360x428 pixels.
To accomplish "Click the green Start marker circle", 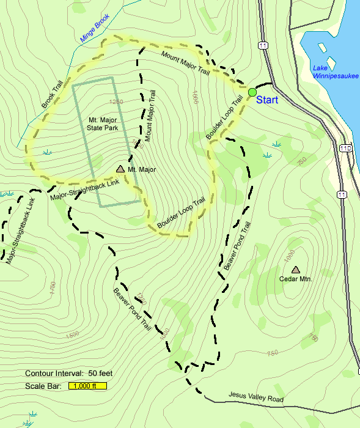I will tap(252, 92).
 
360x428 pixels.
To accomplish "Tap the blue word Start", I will tap(268, 99).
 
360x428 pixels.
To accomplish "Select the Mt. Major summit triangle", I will tap(120, 168).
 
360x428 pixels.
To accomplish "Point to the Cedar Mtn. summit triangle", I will tap(296, 269).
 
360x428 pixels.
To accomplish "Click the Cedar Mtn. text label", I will tap(295, 279).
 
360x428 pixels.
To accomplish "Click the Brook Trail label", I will tap(53, 97).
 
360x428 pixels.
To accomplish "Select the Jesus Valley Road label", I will tap(256, 398).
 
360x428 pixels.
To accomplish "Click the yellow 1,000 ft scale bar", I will tap(88, 386).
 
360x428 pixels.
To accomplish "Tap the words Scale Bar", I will tap(43, 386).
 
